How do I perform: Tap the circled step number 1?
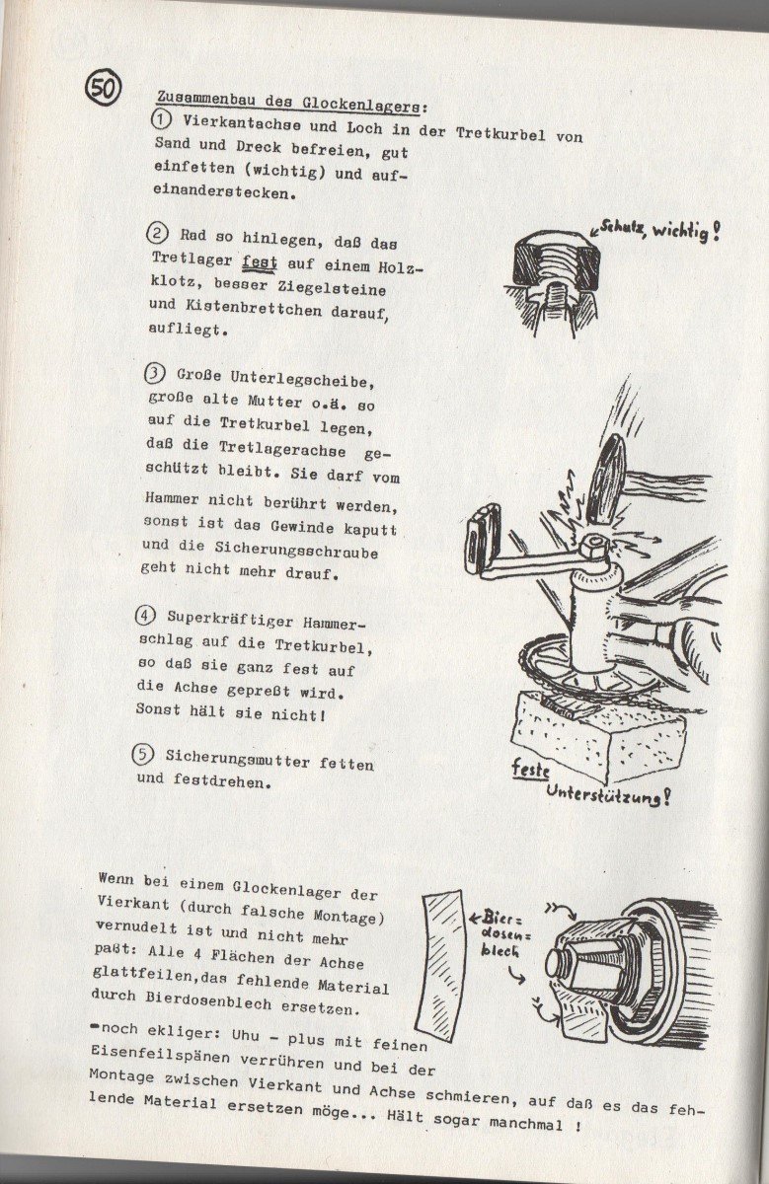click(x=160, y=119)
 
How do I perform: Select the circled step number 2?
click(x=157, y=235)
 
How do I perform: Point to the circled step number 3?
click(x=154, y=374)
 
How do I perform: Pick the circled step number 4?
click(x=145, y=616)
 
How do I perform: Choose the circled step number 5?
click(x=143, y=754)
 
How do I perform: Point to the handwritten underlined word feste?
click(x=530, y=767)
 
